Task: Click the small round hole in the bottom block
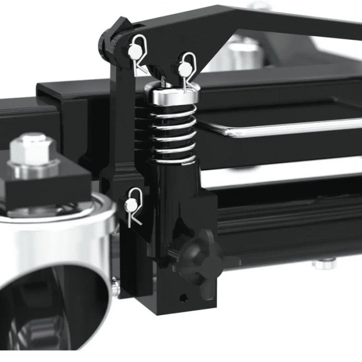[182, 298]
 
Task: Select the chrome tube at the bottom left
[57, 259]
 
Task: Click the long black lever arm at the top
[259, 21]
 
